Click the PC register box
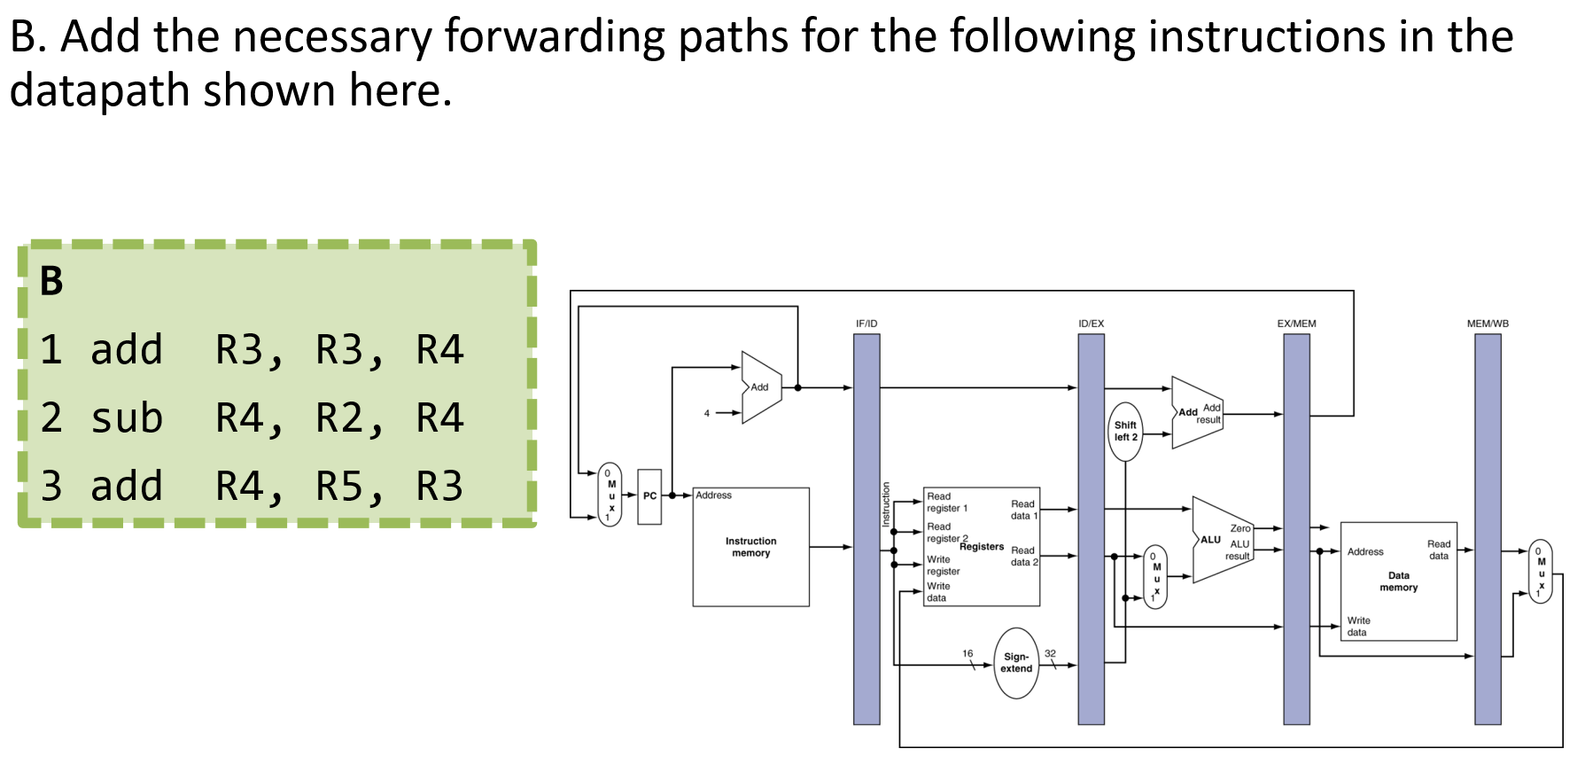pos(649,496)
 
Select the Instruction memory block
pos(750,547)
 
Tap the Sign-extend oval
pos(1016,663)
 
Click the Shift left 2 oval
pos(1125,432)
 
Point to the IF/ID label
pos(866,324)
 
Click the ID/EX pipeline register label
pos(1091,324)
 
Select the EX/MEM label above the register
pos(1296,324)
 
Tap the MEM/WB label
pos(1488,324)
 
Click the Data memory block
pos(1398,581)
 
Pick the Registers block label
pos(982,547)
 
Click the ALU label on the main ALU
pos(1210,539)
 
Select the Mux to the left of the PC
pos(610,495)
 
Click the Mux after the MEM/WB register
pos(1541,572)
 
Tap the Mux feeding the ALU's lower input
pos(1155,577)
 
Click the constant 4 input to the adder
pos(706,413)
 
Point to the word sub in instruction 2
pos(127,418)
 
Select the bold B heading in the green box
pos(52,282)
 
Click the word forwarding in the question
pos(554,37)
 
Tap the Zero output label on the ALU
pos(1239,528)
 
